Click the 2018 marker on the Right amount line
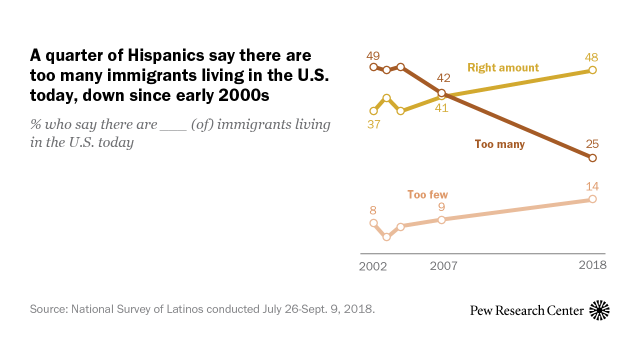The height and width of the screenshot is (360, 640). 592,70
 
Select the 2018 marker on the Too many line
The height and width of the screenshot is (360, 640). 592,158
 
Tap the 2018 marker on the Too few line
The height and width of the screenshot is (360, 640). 592,199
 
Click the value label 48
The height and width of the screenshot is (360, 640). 592,57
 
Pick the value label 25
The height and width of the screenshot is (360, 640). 592,145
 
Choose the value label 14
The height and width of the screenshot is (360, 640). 592,186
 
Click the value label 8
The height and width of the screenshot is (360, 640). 373,210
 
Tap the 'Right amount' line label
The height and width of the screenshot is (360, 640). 503,67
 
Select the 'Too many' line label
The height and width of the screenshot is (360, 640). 499,144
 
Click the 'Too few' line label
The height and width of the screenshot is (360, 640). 427,194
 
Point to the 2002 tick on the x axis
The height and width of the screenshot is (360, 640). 373,266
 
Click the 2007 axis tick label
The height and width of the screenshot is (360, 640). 443,266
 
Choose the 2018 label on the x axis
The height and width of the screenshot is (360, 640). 592,265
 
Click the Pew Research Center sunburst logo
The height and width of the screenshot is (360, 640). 599,310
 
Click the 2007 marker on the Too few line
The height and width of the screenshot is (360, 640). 441,219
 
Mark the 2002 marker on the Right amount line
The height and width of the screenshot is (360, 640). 373,111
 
